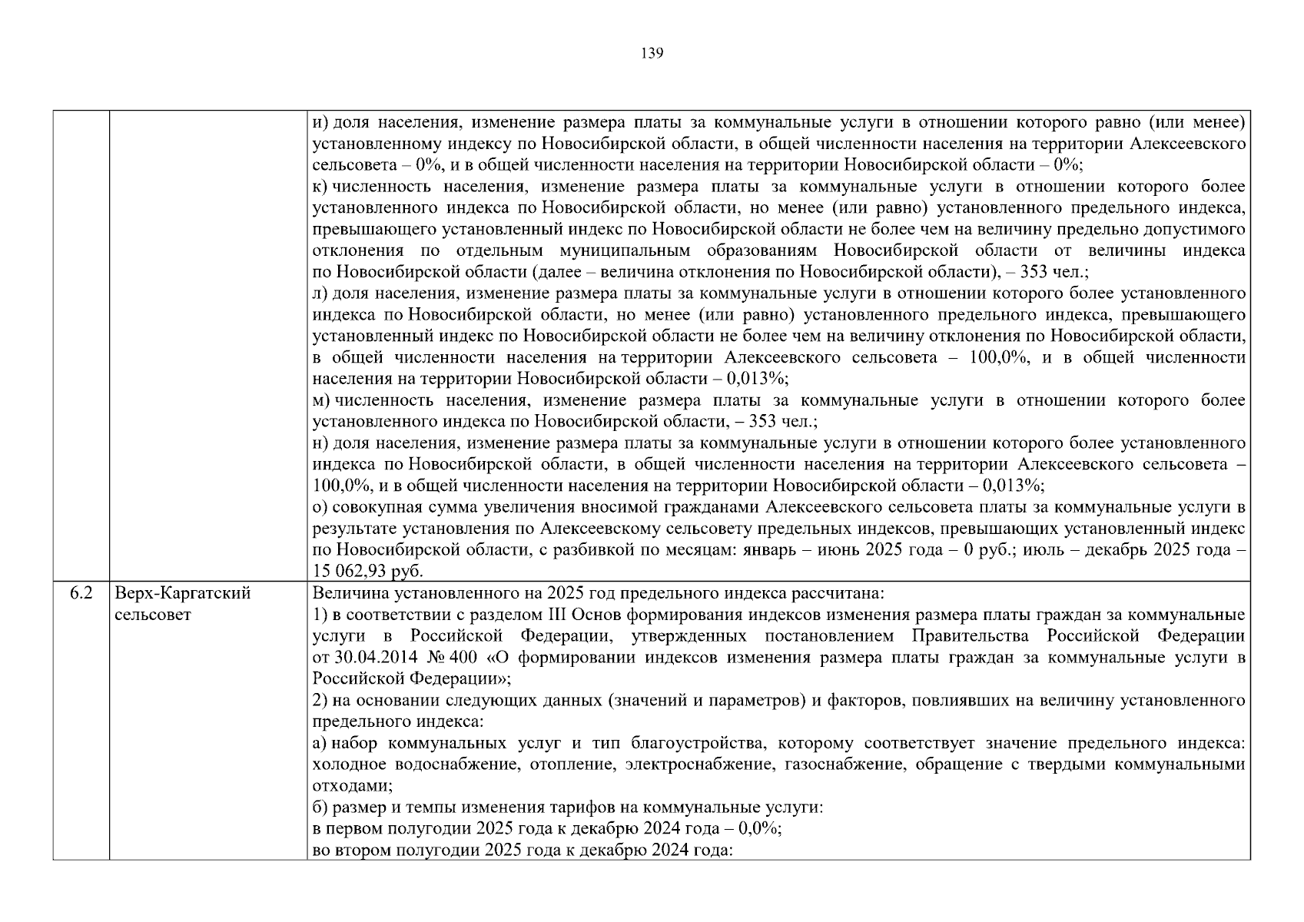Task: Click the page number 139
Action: pos(652,53)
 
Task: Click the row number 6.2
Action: pos(81,594)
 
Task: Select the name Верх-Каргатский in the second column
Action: pos(183,594)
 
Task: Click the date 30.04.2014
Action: pos(368,658)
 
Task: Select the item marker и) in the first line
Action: pos(320,122)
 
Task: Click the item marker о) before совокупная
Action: pos(320,508)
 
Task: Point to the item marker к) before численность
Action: pos(320,187)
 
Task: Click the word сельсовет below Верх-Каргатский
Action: pos(153,615)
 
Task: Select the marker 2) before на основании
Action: pos(320,701)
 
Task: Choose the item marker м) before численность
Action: pos(321,401)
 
